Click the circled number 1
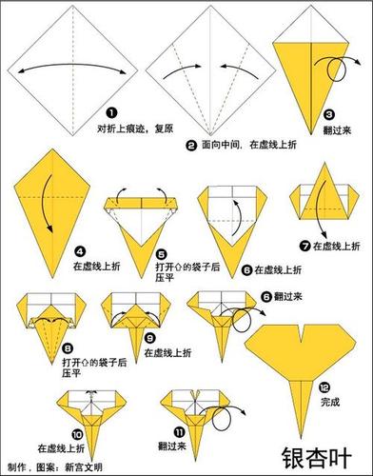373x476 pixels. pyautogui.click(x=111, y=112)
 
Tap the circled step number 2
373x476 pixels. pyautogui.click(x=191, y=146)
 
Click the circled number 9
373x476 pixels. pyautogui.click(x=150, y=338)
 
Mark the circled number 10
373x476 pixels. pyautogui.click(x=77, y=430)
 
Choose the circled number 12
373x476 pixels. pyautogui.click(x=324, y=387)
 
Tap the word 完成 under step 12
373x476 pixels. pyautogui.click(x=329, y=403)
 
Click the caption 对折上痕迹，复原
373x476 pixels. pyautogui.click(x=133, y=126)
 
